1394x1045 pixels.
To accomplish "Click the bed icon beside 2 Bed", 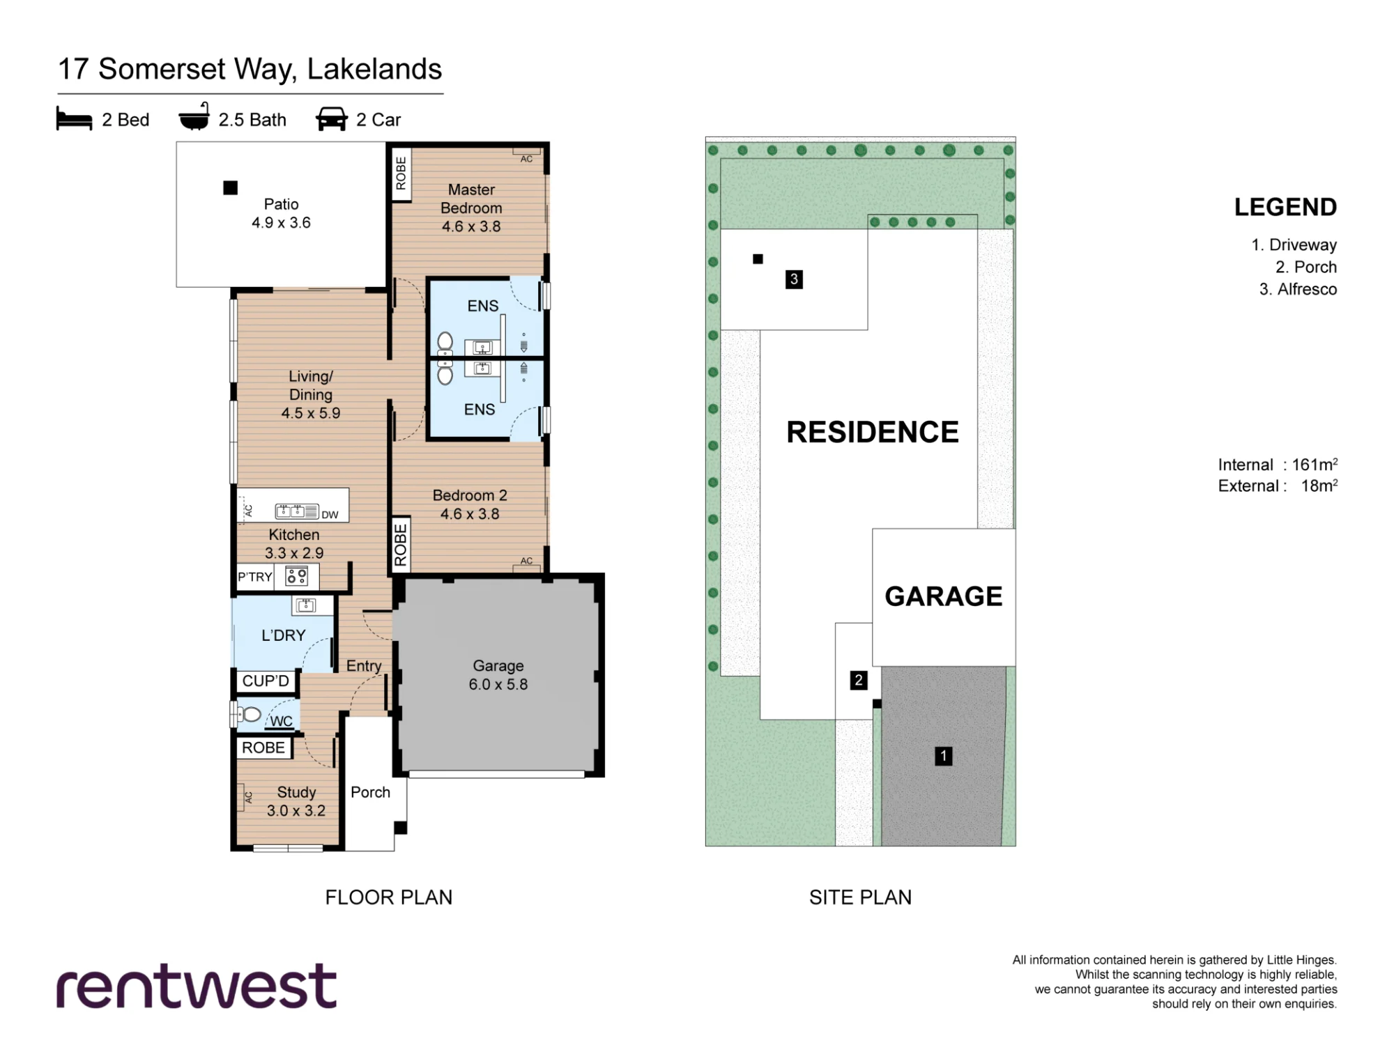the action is click(74, 119).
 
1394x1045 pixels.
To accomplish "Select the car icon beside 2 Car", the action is click(332, 119).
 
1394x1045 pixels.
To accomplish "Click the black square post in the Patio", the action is click(231, 187).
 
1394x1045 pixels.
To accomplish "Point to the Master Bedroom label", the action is click(471, 199).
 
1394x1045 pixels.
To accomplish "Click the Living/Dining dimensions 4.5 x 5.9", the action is click(311, 413).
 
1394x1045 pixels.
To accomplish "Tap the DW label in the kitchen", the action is click(330, 515).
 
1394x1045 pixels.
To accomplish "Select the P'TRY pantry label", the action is click(254, 577).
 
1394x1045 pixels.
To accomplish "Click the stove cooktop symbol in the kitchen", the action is click(297, 576).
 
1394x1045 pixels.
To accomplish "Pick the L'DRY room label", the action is click(284, 635).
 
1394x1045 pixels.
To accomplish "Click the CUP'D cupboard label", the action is click(266, 681).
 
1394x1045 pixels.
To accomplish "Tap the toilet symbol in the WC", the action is click(249, 714).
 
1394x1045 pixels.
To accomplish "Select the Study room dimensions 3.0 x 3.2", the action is click(296, 811).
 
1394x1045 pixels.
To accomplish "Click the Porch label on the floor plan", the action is click(370, 792).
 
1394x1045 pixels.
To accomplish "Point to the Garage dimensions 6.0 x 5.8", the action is click(498, 684).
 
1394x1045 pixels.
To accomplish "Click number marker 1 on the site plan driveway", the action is click(943, 756).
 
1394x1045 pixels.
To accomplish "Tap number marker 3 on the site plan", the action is click(794, 279).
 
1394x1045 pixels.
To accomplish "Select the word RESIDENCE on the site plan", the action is click(873, 432).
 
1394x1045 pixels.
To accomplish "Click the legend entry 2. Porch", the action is click(1306, 267).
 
